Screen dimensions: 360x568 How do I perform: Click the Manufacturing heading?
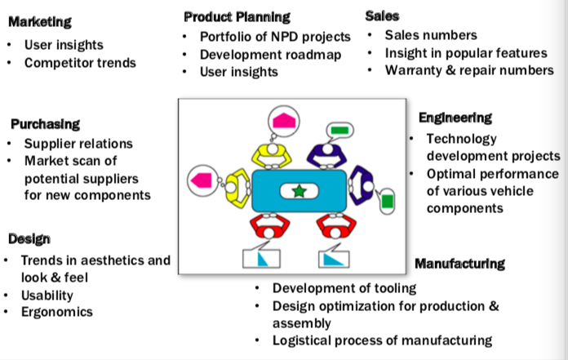(x=459, y=264)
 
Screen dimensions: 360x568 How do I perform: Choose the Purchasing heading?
(x=45, y=124)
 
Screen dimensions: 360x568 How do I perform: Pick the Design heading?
(x=29, y=239)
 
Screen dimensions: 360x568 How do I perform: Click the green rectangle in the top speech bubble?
(x=340, y=130)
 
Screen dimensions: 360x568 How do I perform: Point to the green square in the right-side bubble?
(x=387, y=199)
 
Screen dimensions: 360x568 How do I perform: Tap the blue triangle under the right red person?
(x=333, y=258)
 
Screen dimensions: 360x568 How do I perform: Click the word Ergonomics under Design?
(x=57, y=313)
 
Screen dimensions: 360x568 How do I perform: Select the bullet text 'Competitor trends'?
(x=80, y=63)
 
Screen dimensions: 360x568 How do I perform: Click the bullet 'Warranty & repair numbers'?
(x=469, y=70)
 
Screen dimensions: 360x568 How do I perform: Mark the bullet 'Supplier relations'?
(x=78, y=144)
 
